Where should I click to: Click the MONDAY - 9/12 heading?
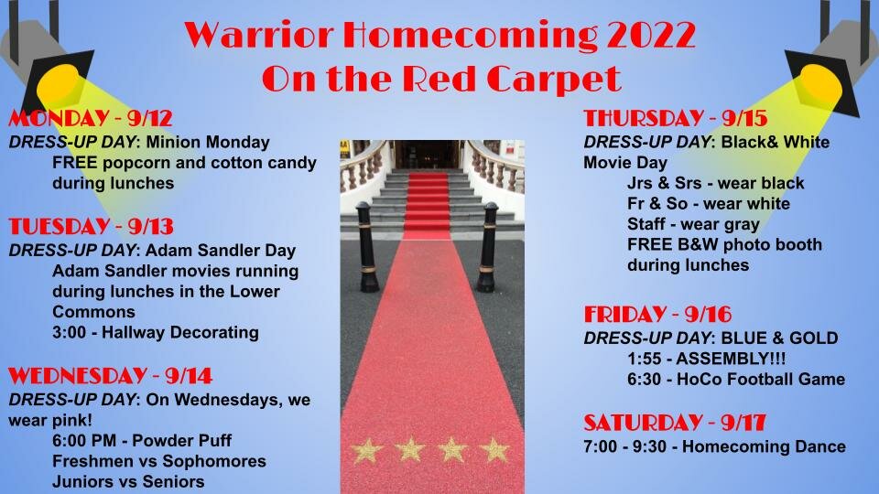tap(91, 118)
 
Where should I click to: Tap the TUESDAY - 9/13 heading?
tap(91, 226)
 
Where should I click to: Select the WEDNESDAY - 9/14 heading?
tap(111, 375)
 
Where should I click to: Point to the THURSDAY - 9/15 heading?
tap(676, 118)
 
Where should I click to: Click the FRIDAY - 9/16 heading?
tap(657, 314)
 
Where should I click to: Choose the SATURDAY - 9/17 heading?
tap(675, 423)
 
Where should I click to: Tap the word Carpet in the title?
tap(554, 79)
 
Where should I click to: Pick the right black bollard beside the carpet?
tap(487, 247)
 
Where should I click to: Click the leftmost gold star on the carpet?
tap(366, 450)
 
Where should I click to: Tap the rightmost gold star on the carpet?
tap(494, 450)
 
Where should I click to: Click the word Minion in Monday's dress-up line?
tap(174, 143)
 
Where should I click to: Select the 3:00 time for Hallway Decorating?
tap(69, 333)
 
